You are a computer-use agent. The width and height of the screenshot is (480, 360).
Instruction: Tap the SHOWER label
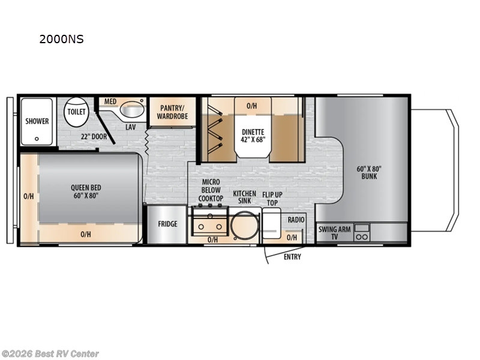[x=37, y=121]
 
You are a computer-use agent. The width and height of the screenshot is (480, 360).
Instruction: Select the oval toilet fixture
[x=77, y=112]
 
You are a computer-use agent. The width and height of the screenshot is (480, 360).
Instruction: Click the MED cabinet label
[x=110, y=102]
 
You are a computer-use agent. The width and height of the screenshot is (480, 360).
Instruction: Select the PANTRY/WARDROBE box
[x=173, y=112]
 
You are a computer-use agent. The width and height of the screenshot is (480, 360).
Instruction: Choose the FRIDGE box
[x=167, y=224]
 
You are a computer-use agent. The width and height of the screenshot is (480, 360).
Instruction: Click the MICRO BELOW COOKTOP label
[x=211, y=190]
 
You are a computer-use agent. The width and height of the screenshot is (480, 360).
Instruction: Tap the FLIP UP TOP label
[x=272, y=199]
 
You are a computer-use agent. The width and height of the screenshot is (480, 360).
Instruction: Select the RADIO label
[x=296, y=220]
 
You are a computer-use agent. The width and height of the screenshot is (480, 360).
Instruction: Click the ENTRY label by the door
[x=292, y=257]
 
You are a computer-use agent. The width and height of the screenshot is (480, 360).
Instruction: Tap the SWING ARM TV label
[x=331, y=233]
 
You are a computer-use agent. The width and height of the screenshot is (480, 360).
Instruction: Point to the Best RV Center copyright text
[x=50, y=354]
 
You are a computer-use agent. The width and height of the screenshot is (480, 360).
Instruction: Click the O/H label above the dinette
[x=252, y=106]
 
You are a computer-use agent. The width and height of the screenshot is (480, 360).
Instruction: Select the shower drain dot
[x=37, y=138]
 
